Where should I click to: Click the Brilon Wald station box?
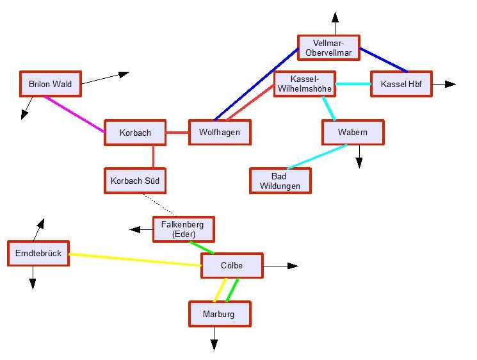(50, 83)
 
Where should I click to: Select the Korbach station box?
(135, 133)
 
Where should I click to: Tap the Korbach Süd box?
(135, 181)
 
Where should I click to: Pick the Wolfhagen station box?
(220, 133)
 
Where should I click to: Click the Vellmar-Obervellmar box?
(328, 48)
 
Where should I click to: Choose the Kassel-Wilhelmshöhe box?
(304, 84)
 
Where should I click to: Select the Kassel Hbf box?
(401, 84)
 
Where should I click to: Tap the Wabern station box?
(353, 133)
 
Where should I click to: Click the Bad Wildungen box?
(280, 181)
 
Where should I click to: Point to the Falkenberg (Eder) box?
(183, 229)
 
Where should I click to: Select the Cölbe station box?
(232, 265)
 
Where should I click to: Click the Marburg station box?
(220, 314)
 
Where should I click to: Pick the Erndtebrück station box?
(38, 254)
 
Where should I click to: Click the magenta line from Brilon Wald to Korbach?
(74, 115)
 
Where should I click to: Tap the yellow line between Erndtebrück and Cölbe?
(134, 259)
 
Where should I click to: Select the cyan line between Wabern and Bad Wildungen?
(317, 157)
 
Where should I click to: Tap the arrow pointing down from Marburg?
(214, 340)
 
